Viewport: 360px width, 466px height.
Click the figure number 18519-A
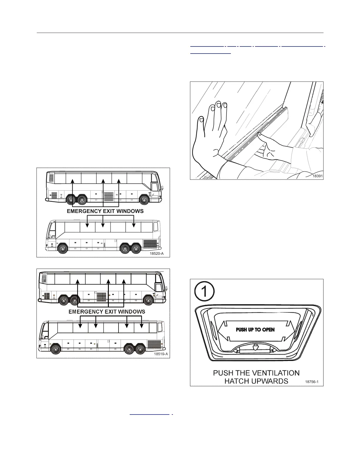pos(161,354)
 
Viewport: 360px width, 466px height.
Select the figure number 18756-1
pos(312,382)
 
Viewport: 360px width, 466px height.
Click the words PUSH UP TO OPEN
pos(255,329)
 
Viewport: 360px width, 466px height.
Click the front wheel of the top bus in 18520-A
pos(144,200)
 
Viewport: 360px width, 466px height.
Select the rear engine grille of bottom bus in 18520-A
pos(150,244)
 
